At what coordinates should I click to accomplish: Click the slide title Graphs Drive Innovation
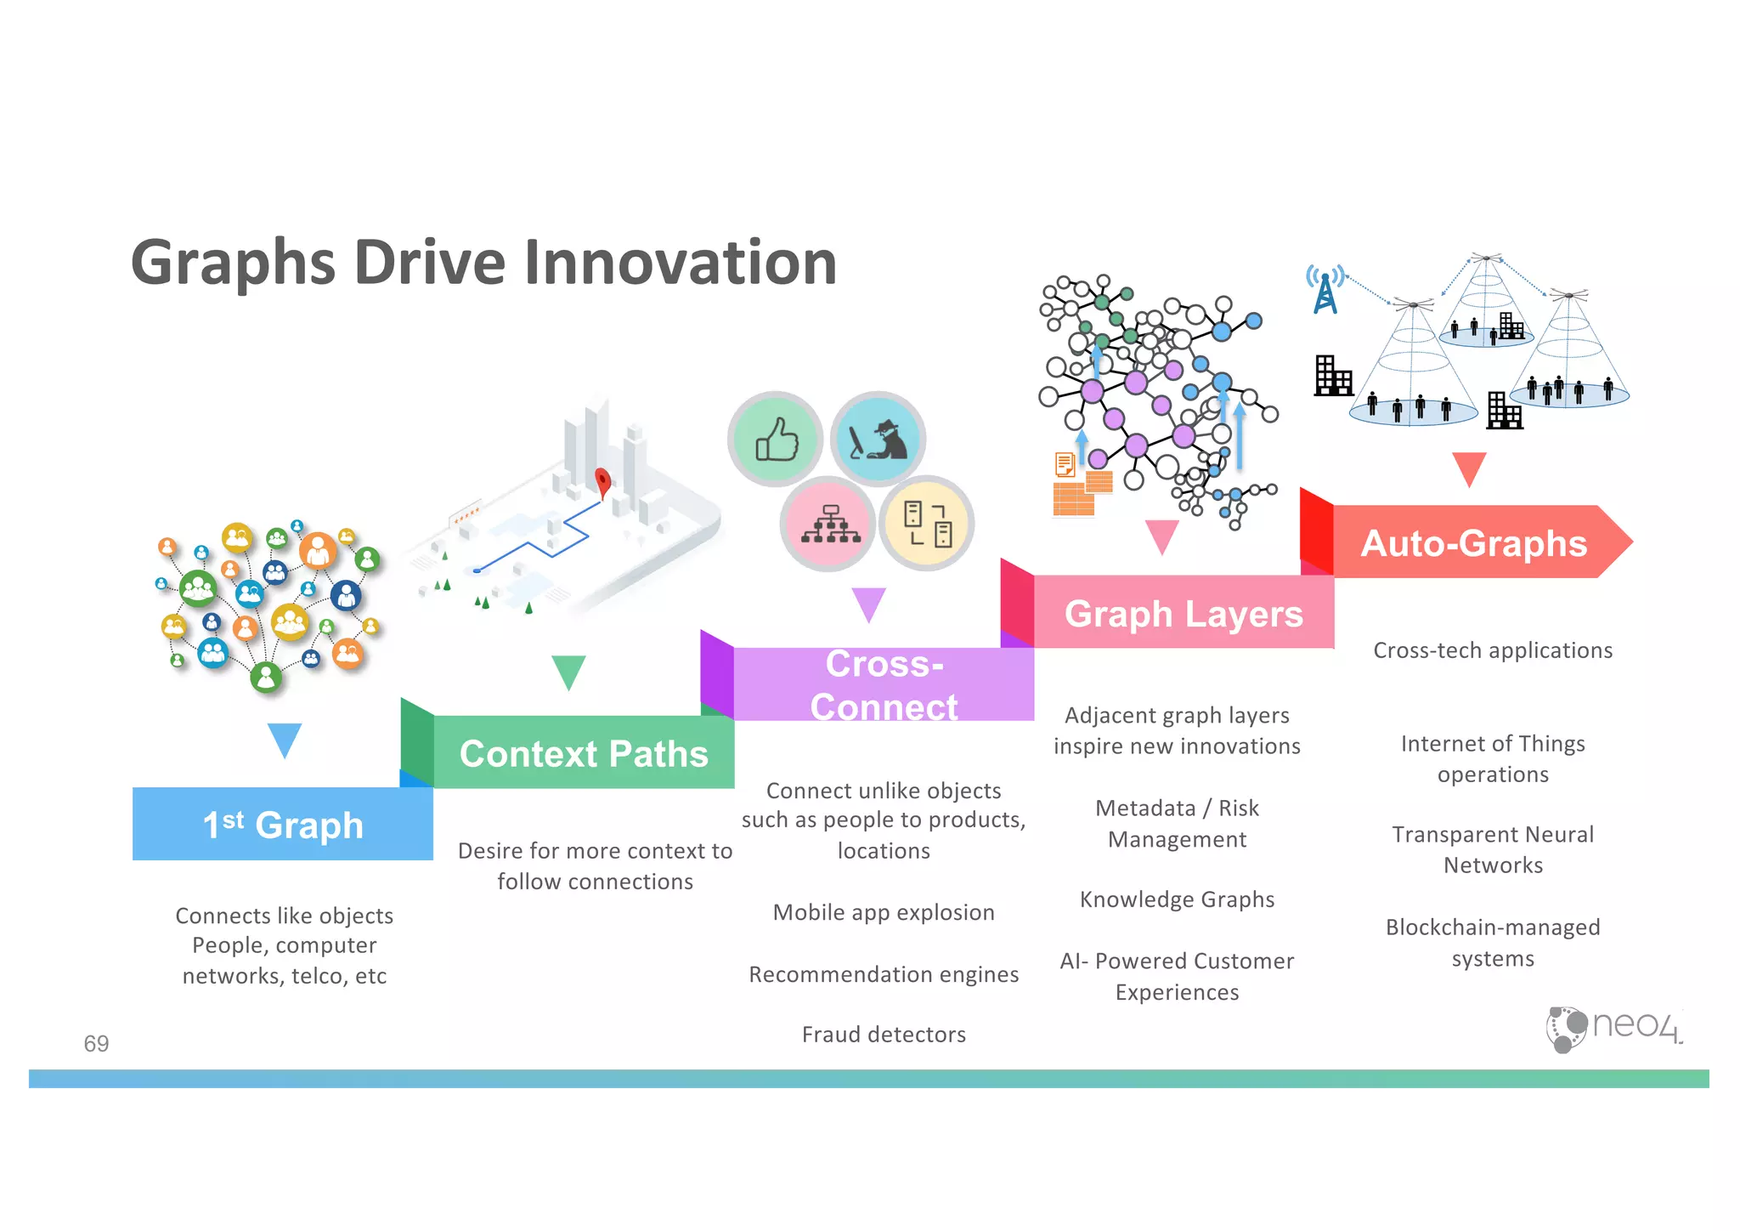(x=483, y=263)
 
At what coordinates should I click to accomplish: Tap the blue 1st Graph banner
(x=283, y=825)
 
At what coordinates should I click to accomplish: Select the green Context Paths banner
(x=584, y=753)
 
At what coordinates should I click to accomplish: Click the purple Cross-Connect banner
(x=884, y=685)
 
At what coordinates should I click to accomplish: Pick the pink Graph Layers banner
(x=1183, y=613)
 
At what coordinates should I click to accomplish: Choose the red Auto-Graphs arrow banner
(x=1473, y=543)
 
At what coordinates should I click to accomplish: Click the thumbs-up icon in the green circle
(x=777, y=440)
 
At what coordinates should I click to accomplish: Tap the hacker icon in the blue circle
(x=878, y=440)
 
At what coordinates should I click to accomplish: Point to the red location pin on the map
(x=602, y=482)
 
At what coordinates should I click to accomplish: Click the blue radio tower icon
(x=1325, y=290)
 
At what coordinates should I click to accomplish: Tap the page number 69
(x=96, y=1043)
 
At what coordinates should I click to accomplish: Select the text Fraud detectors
(x=884, y=1035)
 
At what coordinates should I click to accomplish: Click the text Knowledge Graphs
(x=1177, y=899)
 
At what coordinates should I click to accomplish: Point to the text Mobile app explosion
(x=884, y=912)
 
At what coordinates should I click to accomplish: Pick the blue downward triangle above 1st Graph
(x=284, y=739)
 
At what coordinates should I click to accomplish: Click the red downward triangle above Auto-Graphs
(x=1468, y=468)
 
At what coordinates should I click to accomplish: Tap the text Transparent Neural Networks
(x=1493, y=849)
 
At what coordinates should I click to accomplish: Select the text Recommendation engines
(x=884, y=974)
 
